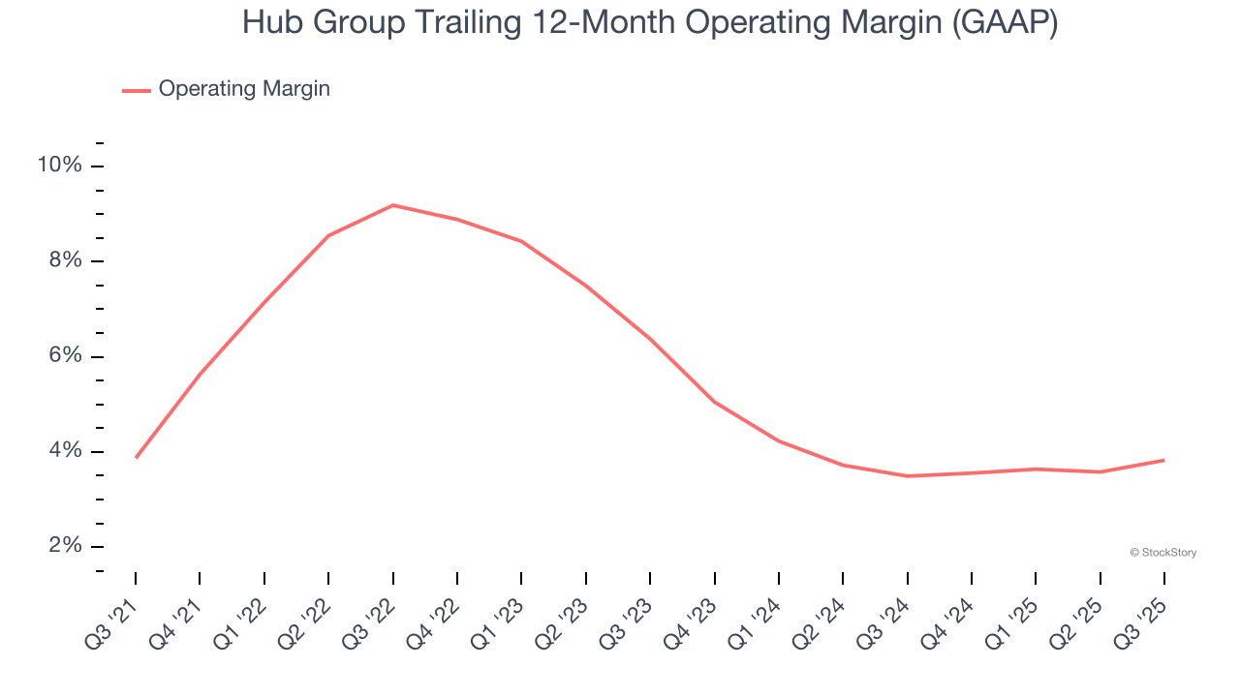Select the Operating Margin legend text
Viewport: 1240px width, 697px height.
click(244, 89)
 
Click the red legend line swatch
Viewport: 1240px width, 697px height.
click(136, 90)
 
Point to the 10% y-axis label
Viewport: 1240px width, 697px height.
click(59, 166)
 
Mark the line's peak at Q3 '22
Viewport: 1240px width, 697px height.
click(392, 205)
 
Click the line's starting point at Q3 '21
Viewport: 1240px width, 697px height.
click(136, 457)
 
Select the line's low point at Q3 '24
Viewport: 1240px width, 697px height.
click(907, 475)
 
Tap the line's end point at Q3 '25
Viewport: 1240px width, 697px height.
click(1163, 460)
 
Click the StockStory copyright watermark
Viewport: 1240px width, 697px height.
click(1162, 553)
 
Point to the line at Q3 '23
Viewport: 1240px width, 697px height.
click(650, 339)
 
